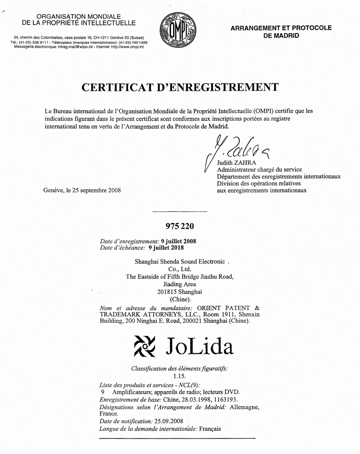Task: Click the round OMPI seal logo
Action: pos(176,31)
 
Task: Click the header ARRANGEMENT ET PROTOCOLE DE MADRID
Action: pos(281,31)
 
